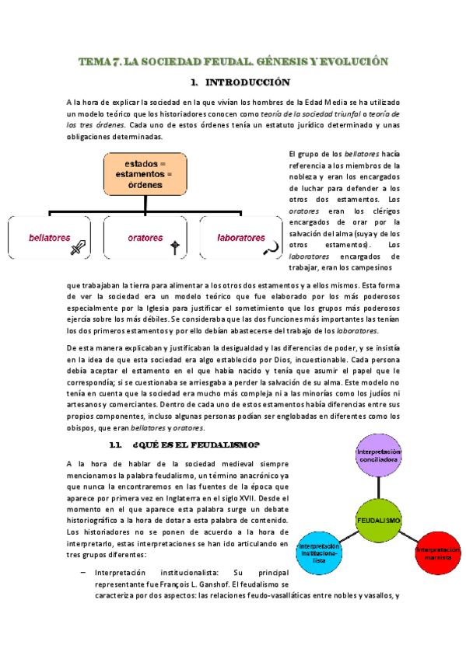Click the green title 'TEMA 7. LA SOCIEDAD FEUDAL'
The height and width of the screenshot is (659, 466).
point(233,61)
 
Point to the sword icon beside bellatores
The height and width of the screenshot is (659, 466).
point(79,248)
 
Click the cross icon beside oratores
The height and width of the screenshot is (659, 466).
point(176,248)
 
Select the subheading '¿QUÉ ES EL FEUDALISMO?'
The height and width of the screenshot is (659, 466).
point(196,445)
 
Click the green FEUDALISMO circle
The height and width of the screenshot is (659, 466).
point(378,519)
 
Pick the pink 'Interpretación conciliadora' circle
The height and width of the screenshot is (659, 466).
point(379,455)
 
